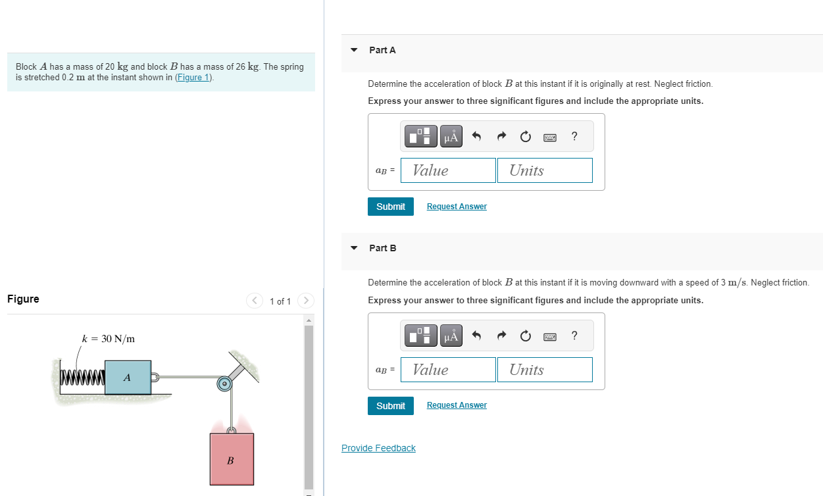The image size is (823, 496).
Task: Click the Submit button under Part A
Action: tap(391, 207)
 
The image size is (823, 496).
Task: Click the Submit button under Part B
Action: tap(391, 406)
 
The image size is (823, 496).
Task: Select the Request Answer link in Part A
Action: tap(457, 207)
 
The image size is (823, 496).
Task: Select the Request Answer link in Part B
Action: tap(457, 405)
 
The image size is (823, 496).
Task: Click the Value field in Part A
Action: tap(448, 170)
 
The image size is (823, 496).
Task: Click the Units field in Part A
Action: tap(545, 170)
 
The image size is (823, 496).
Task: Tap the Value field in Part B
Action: tap(448, 370)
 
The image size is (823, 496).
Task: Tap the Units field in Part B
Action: tap(545, 370)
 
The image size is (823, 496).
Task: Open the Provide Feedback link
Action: tap(378, 449)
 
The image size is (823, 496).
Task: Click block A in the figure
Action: tap(128, 378)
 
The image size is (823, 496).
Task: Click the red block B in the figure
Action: tap(232, 459)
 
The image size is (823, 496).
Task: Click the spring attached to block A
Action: tap(82, 378)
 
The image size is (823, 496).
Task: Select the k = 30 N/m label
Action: tap(109, 339)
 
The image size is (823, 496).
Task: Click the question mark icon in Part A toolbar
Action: tap(574, 137)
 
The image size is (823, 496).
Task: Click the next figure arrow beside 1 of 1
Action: tap(306, 301)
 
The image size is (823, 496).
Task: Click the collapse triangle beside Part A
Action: tap(355, 50)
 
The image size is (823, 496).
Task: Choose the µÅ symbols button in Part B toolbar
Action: tap(451, 336)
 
